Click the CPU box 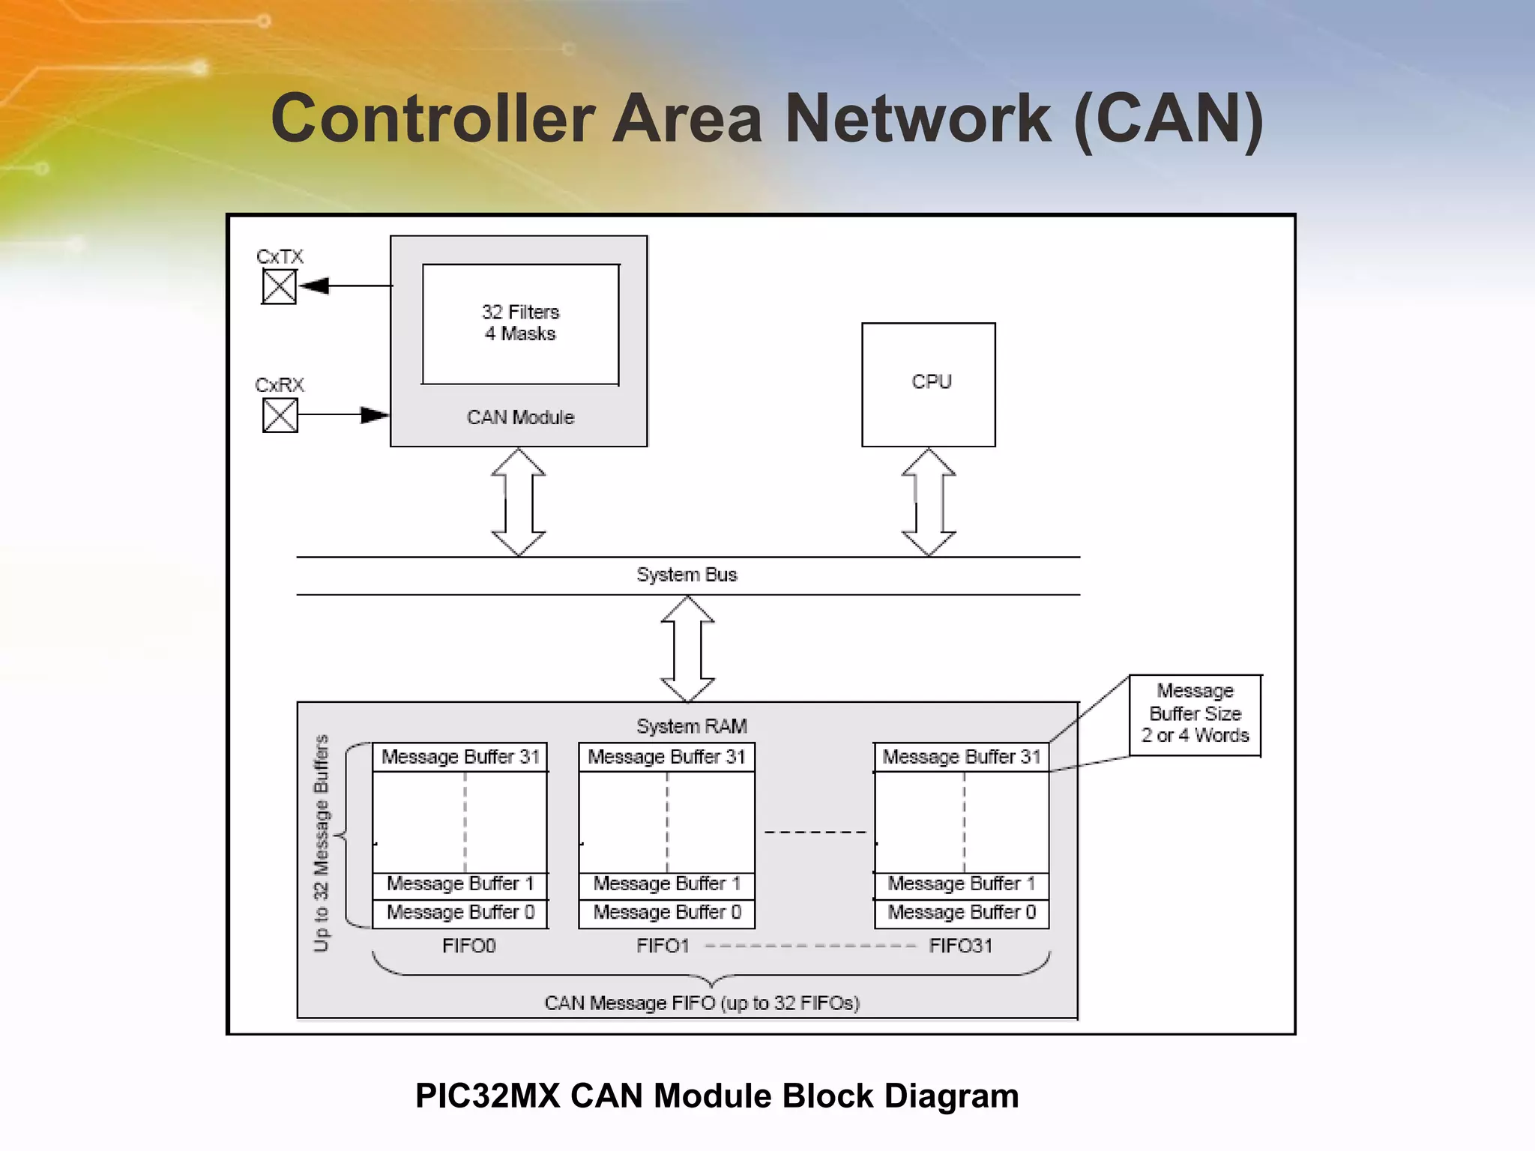pos(928,384)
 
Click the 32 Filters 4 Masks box pos(520,324)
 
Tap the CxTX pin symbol pos(279,286)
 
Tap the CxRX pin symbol pos(280,415)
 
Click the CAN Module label pos(520,417)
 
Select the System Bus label pos(687,575)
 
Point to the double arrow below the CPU pos(928,502)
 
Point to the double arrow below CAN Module pos(518,502)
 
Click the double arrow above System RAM pos(687,649)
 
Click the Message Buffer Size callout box pos(1195,714)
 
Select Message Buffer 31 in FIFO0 pos(460,757)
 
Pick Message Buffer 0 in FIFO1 pos(666,913)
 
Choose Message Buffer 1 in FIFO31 pos(961,884)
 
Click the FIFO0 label pos(468,946)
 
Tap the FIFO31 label pos(960,946)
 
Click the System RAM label pos(691,726)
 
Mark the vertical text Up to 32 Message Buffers pos(321,843)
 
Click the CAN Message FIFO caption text pos(702,1003)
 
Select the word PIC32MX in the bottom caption pos(487,1096)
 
